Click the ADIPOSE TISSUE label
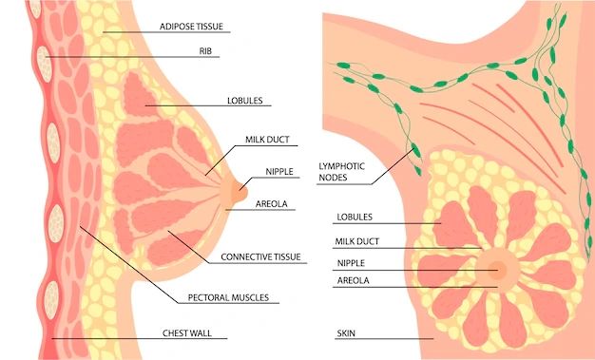point(191,27)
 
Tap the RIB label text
point(205,51)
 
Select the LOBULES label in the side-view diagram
point(245,101)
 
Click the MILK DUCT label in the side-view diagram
point(267,140)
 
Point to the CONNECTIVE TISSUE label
point(260,257)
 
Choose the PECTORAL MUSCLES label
point(228,298)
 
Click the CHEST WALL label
point(187,333)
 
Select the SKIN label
point(346,333)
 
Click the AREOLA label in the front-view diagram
point(353,281)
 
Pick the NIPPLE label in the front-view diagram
point(351,263)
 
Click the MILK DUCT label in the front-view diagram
point(357,241)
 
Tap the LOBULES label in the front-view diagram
point(355,218)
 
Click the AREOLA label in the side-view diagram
point(271,204)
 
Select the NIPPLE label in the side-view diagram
point(279,172)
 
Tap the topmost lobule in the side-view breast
point(139,95)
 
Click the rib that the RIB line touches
point(45,64)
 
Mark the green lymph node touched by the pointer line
point(416,150)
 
